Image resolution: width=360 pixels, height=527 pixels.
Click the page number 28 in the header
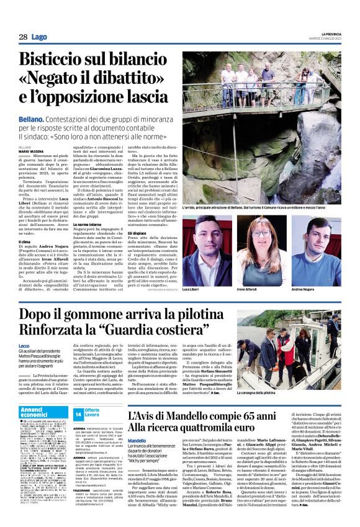23,37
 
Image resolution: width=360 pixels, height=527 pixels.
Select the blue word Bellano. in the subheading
31,119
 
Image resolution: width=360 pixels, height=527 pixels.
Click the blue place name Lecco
24,345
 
